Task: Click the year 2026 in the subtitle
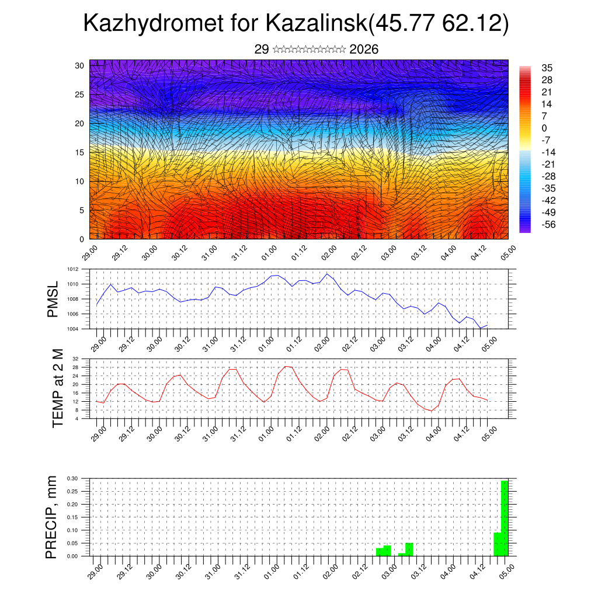[364, 50]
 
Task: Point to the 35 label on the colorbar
[547, 68]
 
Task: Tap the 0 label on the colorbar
[544, 128]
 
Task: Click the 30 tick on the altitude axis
[79, 65]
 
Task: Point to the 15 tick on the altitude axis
[79, 152]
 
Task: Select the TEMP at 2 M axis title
[58, 388]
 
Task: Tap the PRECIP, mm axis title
[52, 517]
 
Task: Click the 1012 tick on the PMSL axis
[73, 270]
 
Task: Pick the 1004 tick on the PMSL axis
[73, 329]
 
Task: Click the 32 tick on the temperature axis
[75, 359]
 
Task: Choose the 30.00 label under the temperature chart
[154, 433]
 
